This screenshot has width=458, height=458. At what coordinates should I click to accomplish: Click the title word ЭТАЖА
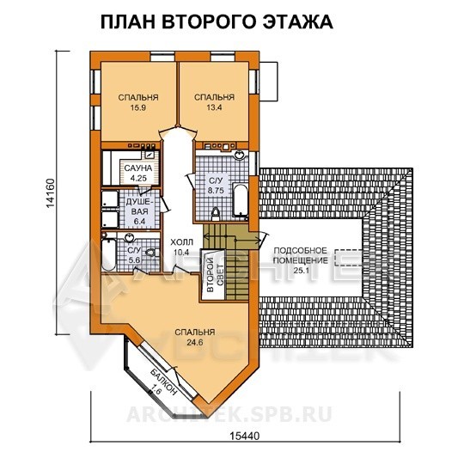click(x=298, y=21)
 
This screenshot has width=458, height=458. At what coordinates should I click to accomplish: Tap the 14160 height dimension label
click(x=50, y=193)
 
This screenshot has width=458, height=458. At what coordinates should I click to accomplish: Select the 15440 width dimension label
click(x=245, y=436)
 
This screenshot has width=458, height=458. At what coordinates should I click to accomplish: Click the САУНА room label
click(x=138, y=168)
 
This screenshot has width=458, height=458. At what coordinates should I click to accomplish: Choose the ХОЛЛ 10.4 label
click(x=181, y=247)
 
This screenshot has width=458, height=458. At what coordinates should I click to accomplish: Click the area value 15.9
click(x=138, y=107)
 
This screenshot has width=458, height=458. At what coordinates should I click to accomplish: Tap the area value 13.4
click(x=215, y=107)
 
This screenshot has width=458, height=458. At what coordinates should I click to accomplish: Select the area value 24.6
click(x=195, y=342)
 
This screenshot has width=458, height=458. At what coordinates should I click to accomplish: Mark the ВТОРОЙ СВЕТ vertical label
click(x=215, y=275)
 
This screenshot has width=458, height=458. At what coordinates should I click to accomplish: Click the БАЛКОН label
click(x=163, y=382)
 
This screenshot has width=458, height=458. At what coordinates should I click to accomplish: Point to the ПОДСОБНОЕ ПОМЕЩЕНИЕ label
click(x=301, y=255)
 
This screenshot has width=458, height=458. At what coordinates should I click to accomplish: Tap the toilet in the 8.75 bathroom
click(x=216, y=214)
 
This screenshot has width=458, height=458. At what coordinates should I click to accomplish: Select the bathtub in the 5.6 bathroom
click(x=108, y=253)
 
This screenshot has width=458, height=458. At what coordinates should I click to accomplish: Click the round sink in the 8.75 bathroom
click(x=240, y=155)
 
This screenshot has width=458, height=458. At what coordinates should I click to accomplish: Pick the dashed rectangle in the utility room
click(x=349, y=258)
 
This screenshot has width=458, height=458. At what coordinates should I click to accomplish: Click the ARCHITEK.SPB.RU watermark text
click(x=229, y=414)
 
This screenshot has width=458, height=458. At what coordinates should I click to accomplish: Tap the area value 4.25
click(x=138, y=178)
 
